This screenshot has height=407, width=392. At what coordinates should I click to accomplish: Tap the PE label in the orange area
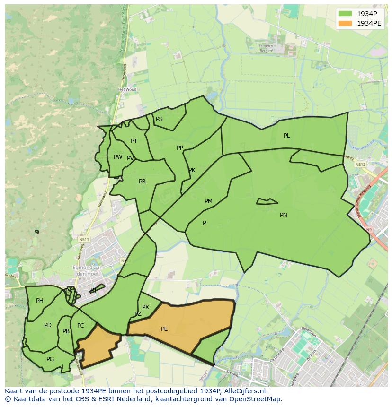point(164,329)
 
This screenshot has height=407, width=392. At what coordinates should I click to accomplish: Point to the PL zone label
point(287,136)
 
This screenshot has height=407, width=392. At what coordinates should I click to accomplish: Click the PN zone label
point(284,215)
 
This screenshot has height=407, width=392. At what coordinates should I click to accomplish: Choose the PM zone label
point(208,201)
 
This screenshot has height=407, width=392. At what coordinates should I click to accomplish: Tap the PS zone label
point(159,119)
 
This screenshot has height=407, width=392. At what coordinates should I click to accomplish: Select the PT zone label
point(134,141)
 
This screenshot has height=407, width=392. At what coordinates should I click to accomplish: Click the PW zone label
point(118,157)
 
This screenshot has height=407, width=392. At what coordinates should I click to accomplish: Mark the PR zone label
point(142,182)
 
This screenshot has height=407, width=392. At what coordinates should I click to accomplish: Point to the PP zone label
point(180,148)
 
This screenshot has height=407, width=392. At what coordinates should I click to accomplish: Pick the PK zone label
point(192,170)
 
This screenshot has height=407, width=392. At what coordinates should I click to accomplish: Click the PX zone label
point(145,307)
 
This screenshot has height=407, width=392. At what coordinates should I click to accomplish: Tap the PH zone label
point(40,301)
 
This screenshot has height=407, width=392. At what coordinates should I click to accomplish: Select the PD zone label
point(48,325)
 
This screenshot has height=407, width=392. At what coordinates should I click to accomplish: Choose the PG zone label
point(50,359)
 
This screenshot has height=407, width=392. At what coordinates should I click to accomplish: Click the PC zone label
point(81,326)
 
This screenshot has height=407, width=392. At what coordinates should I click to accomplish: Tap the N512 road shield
point(361,165)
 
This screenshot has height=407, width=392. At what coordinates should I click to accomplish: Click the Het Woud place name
point(127,89)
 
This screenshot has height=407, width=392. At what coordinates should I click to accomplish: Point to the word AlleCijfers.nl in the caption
point(246,391)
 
